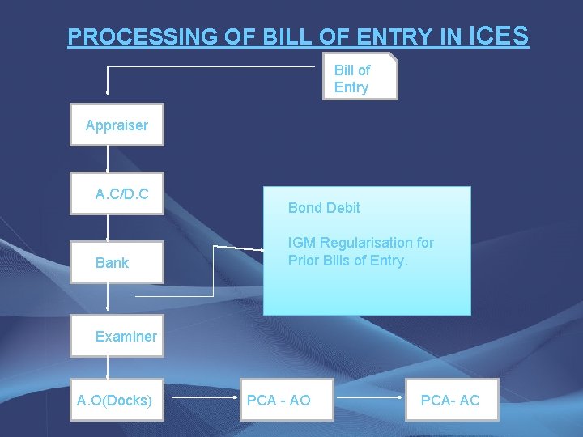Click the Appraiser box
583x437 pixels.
click(x=117, y=125)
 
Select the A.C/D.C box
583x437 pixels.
click(x=117, y=194)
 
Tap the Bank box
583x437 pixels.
click(x=117, y=262)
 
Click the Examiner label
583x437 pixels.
click(x=126, y=337)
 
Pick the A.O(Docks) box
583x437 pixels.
click(x=117, y=400)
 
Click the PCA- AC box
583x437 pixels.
click(x=452, y=400)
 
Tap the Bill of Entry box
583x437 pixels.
click(x=360, y=77)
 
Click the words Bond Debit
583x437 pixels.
click(x=324, y=208)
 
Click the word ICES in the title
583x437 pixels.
click(x=499, y=36)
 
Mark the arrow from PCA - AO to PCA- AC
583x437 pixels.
click(x=368, y=399)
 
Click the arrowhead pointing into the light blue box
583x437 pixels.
click(x=259, y=248)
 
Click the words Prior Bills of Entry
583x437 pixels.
click(x=348, y=261)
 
